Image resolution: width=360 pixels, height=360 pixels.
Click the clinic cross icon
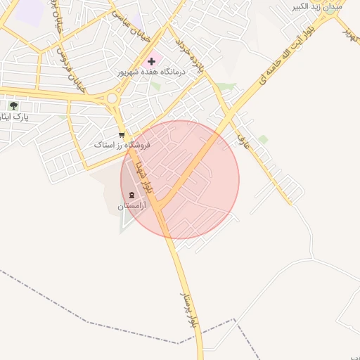[151, 62]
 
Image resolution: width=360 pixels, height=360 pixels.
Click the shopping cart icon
[122, 134]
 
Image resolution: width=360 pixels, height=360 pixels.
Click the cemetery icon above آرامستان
[131, 195]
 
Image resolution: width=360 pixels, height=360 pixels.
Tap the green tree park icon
[13, 106]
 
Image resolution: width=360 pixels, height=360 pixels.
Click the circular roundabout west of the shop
[111, 98]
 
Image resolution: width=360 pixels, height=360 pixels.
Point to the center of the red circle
[180, 180]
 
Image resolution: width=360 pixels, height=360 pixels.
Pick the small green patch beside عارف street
[263, 139]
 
